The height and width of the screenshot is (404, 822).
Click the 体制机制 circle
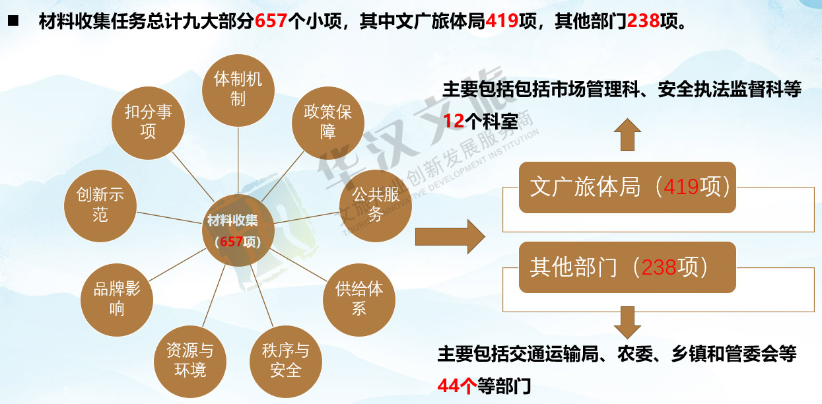click(238, 90)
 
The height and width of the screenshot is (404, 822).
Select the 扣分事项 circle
click(148, 123)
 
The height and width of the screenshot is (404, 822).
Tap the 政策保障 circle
click(328, 123)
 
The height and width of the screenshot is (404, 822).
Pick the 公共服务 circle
click(376, 205)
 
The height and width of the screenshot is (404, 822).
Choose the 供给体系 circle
click(359, 300)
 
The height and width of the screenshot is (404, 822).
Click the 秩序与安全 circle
click(285, 362)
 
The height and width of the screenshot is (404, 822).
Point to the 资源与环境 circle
click(190, 362)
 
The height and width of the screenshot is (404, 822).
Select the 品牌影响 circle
click(117, 300)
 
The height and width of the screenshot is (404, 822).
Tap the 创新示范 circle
click(100, 205)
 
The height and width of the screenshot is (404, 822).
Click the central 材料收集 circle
click(238, 230)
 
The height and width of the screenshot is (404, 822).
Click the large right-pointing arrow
click(450, 237)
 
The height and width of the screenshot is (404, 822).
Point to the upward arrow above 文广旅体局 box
click(627, 134)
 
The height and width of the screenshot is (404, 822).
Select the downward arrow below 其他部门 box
click(627, 323)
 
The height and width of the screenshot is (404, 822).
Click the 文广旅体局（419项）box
click(627, 187)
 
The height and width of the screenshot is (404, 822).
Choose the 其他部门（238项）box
click(627, 267)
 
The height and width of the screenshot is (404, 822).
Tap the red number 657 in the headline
click(271, 21)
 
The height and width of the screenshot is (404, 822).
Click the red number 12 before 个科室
click(454, 121)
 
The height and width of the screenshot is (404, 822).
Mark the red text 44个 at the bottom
click(457, 386)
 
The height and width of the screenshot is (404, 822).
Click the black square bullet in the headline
click(13, 20)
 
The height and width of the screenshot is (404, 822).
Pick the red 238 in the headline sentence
click(643, 21)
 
